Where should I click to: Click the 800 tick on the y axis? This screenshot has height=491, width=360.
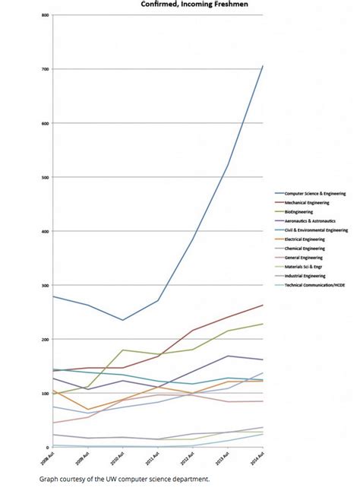[45, 16]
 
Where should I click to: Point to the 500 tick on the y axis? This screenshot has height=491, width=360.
[45, 178]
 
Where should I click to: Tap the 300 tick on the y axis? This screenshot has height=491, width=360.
[45, 286]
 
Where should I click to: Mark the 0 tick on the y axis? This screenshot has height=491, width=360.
[47, 448]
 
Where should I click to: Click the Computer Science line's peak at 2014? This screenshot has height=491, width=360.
[263, 66]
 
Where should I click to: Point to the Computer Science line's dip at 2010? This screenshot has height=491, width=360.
[123, 320]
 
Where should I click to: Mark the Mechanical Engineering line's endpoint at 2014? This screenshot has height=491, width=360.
[263, 306]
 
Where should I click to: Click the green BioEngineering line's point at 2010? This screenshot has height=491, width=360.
[123, 350]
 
